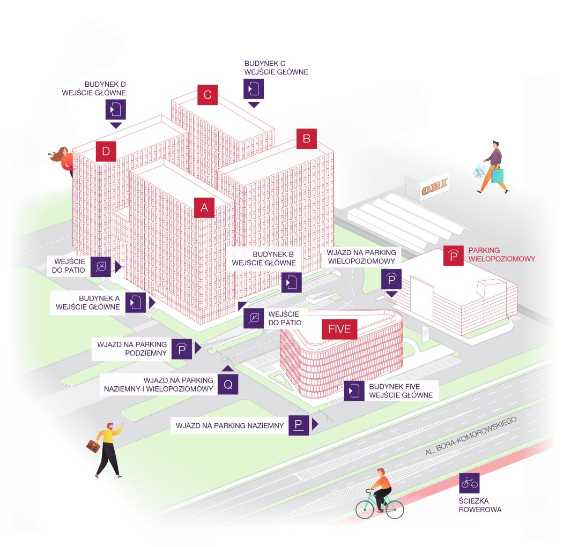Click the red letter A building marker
[x=204, y=208]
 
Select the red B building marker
[x=307, y=138]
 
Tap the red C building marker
[x=208, y=95]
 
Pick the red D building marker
[x=106, y=152]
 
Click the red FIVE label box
[x=339, y=329]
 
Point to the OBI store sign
[x=434, y=187]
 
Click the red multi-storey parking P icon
[x=454, y=256]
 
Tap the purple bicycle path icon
[x=469, y=483]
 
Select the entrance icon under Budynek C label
[x=254, y=88]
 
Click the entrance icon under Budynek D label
[x=116, y=109]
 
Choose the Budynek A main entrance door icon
[x=135, y=302]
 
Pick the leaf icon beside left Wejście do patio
[x=101, y=267]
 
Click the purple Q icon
[x=228, y=385]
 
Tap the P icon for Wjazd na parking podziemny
[x=182, y=349]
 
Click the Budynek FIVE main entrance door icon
[x=354, y=391]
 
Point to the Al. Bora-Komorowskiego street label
[x=471, y=436]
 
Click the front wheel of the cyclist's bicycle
[x=394, y=508]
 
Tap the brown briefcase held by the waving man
[x=93, y=446]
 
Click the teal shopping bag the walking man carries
[x=497, y=176]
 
